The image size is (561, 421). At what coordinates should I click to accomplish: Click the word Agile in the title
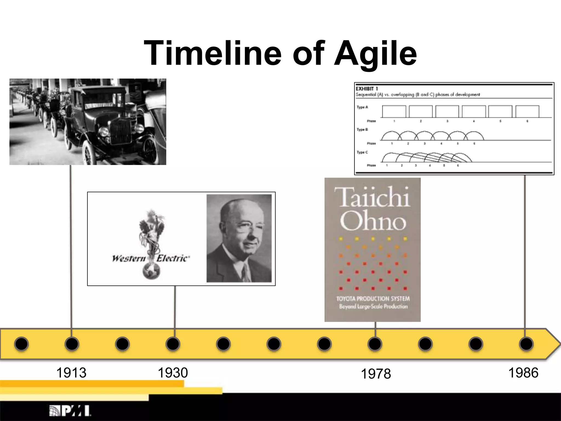click(x=375, y=53)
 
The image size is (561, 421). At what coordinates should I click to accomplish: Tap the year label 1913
click(x=71, y=373)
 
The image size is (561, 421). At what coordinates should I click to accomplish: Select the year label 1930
click(x=173, y=373)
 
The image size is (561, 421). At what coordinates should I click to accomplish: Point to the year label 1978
click(x=376, y=374)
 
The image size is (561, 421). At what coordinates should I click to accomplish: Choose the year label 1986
click(x=523, y=373)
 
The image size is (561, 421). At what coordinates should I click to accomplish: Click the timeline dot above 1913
click(x=72, y=344)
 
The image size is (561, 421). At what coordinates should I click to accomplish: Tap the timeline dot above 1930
click(x=173, y=344)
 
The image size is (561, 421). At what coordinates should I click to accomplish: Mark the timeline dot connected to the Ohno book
click(x=375, y=344)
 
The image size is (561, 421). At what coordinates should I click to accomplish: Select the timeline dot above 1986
click(x=526, y=344)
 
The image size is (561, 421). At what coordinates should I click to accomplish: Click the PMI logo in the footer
click(x=70, y=411)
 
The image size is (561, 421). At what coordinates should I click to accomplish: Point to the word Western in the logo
click(x=129, y=258)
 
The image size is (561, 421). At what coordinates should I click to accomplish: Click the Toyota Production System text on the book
click(x=373, y=299)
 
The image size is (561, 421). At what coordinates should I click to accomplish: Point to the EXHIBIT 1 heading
click(x=367, y=89)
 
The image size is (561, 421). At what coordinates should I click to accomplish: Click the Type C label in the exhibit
click(x=362, y=152)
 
